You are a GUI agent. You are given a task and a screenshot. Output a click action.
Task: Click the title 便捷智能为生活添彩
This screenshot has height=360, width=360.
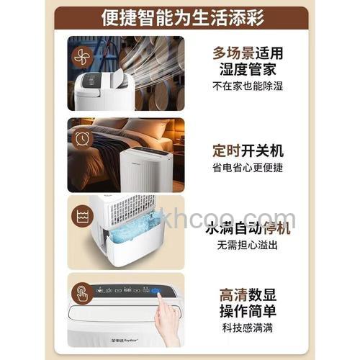pos(181,15)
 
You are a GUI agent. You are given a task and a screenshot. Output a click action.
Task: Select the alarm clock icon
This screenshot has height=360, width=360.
pos(81,137)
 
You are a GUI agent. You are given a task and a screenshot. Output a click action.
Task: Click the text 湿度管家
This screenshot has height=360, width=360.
pos(246,69)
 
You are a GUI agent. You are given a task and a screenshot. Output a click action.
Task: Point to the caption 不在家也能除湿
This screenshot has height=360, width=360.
pos(246,86)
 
